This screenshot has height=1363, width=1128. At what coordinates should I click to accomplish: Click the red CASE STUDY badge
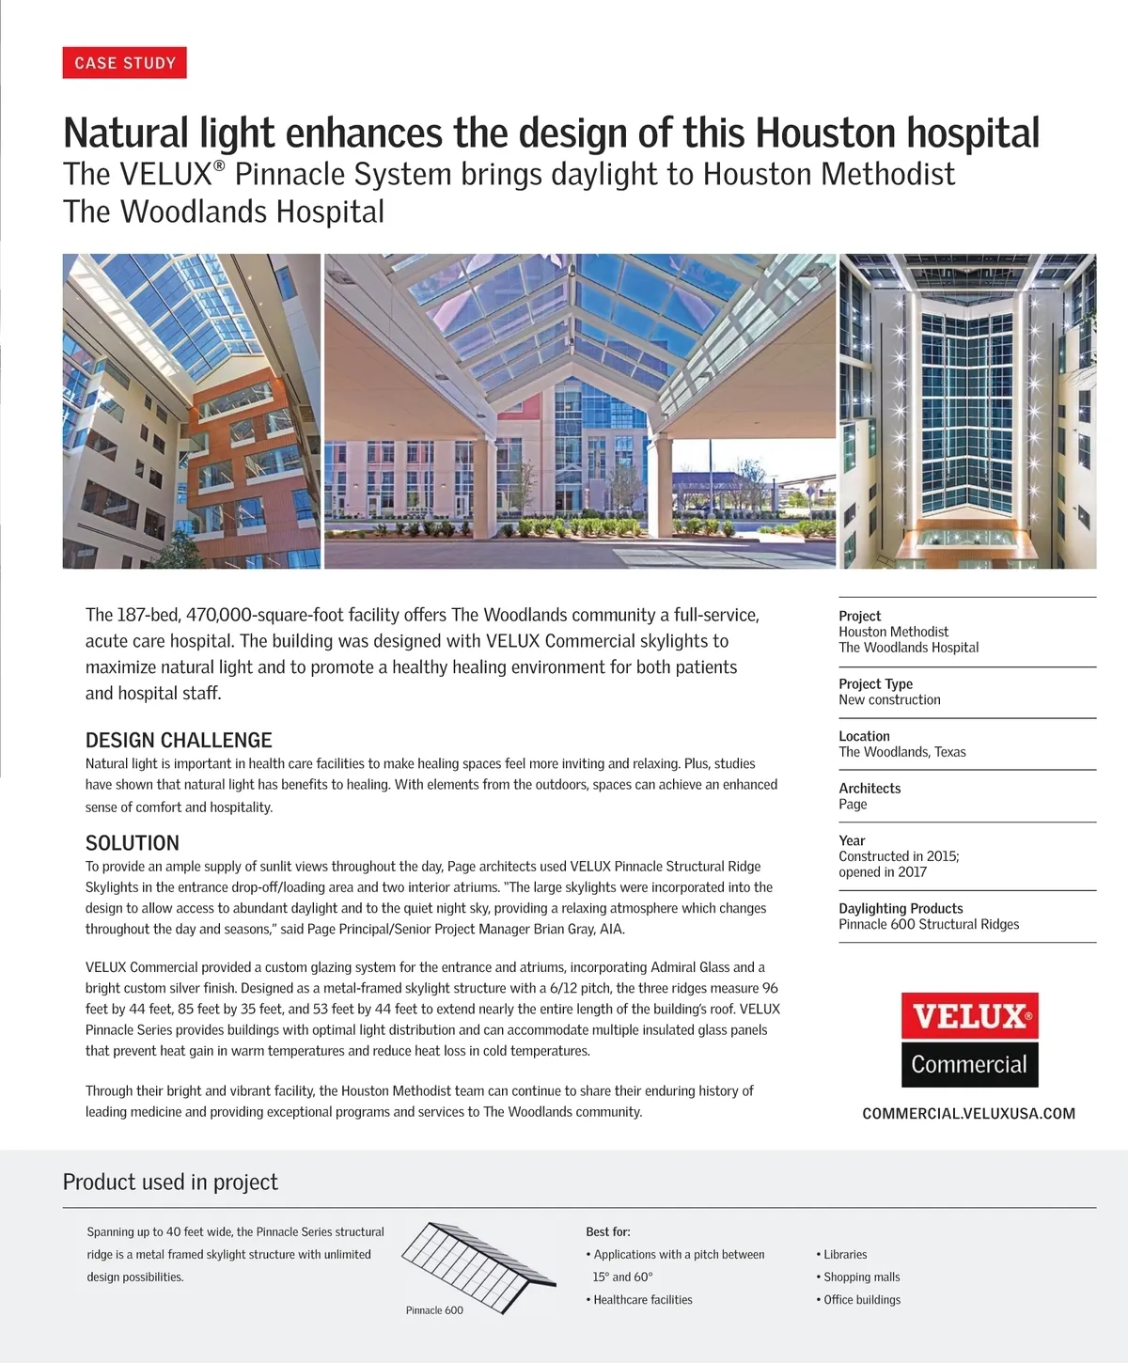[125, 63]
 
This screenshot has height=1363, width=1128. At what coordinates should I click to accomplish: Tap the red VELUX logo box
[969, 1016]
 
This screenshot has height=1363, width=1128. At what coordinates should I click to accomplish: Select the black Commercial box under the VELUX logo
[969, 1064]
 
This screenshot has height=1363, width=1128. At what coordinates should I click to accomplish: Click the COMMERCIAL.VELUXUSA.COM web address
[968, 1113]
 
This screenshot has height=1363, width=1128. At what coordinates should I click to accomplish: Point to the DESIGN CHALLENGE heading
[179, 740]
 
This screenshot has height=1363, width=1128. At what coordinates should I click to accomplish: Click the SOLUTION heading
[133, 842]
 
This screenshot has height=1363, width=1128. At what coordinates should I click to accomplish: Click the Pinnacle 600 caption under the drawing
[434, 1310]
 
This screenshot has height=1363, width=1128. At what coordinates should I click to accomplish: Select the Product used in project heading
[170, 1182]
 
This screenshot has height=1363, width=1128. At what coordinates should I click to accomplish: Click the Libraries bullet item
[845, 1254]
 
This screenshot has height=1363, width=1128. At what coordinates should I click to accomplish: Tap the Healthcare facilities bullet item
[642, 1299]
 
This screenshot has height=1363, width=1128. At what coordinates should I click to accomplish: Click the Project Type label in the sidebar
[875, 683]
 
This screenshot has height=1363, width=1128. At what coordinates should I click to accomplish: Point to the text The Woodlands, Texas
[901, 752]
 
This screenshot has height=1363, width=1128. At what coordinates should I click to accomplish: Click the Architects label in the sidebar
[869, 788]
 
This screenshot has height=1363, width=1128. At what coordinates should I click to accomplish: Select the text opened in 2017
[883, 871]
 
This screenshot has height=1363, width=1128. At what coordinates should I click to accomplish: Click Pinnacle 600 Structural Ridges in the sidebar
[929, 924]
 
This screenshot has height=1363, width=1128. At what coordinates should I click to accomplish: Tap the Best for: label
[607, 1231]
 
